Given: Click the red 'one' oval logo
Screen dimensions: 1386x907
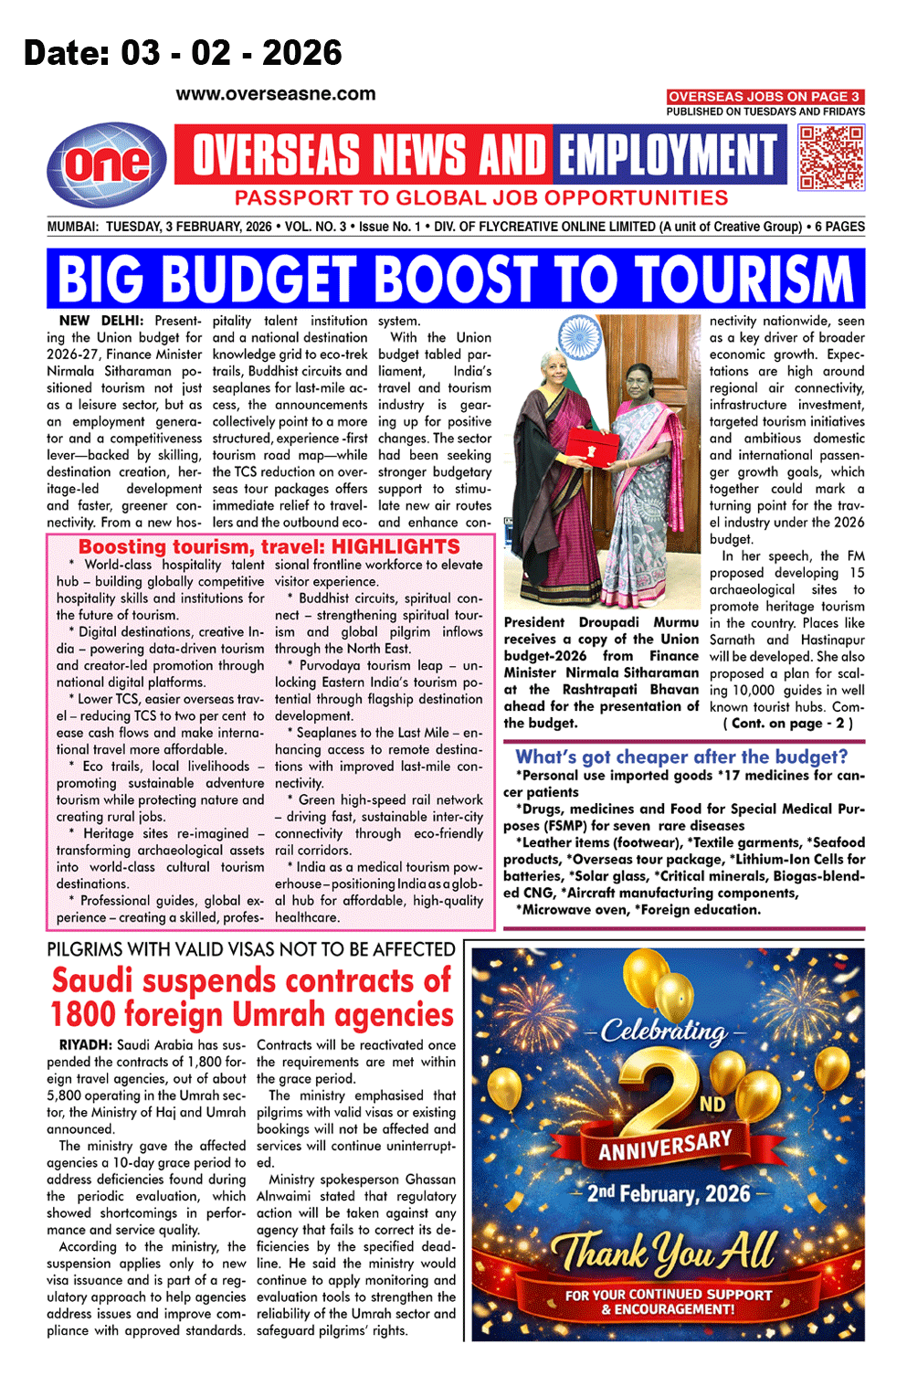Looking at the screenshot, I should [108, 164].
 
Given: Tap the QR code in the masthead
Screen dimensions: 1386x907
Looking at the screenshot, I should [831, 157].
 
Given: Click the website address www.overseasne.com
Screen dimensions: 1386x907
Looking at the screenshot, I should [276, 94].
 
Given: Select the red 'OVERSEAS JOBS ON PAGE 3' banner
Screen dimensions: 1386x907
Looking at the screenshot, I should [765, 97].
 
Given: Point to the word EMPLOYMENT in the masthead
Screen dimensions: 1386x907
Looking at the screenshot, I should [668, 154].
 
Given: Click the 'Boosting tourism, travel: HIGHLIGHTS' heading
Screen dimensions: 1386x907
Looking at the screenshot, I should [269, 546].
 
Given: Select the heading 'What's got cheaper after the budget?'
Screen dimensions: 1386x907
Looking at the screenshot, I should [681, 756].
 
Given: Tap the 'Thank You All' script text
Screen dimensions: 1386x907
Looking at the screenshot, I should [664, 1251].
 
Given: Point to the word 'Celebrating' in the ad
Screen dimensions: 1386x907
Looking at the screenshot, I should [664, 1032].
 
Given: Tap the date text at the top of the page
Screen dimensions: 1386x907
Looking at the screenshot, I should [183, 53].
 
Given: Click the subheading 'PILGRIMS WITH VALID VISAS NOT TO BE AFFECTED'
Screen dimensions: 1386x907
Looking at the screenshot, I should [251, 949].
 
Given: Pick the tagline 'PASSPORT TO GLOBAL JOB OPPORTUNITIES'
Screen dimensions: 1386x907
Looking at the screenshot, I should [481, 198].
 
